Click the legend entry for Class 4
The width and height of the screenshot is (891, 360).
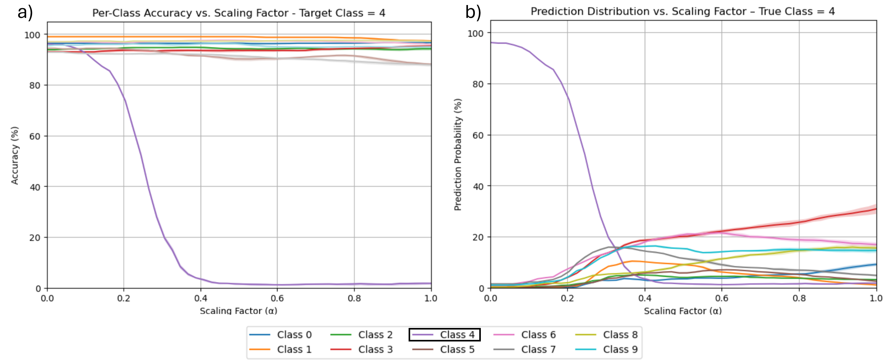[x=445, y=335]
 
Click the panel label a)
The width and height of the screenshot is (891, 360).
[x=25, y=13]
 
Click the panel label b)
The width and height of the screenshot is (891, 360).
[x=473, y=13]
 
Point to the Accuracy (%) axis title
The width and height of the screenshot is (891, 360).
[x=14, y=155]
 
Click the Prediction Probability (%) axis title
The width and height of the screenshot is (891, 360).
[x=458, y=155]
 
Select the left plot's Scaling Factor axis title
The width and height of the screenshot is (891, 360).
[x=239, y=311]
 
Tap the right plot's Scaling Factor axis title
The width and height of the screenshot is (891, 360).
[x=683, y=311]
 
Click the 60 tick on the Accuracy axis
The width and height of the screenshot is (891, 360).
[x=35, y=136]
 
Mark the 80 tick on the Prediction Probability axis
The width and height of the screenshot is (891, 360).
[x=478, y=85]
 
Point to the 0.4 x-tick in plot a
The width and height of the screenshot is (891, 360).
[x=201, y=298]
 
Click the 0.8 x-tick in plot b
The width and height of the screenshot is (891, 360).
[x=799, y=298]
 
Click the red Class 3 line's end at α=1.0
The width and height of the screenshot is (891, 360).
[x=875, y=209]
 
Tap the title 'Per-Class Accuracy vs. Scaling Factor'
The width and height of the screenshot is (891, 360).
[x=239, y=13]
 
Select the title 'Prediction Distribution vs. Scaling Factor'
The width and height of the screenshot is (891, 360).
[x=683, y=11]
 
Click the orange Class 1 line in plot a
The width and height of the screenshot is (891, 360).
[x=173, y=37]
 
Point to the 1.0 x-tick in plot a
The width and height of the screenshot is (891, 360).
[x=431, y=298]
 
